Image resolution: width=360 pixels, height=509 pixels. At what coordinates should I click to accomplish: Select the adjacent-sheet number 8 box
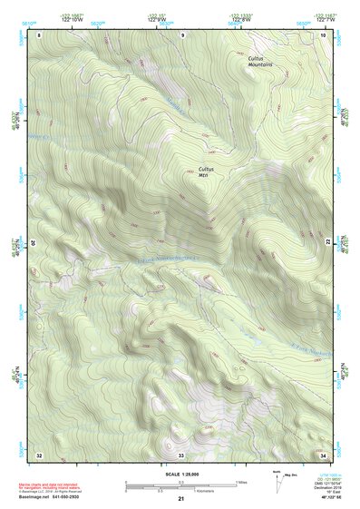coord(40,34)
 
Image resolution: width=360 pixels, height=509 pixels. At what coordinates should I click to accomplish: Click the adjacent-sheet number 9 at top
coord(181,34)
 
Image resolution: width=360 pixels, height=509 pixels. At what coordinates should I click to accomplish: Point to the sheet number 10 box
coord(323,34)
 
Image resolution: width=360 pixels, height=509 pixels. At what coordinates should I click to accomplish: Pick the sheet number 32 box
coord(40,454)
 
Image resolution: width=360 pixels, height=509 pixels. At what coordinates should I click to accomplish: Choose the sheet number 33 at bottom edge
coord(181,454)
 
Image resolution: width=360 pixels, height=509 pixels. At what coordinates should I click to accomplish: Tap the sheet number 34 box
coord(323,454)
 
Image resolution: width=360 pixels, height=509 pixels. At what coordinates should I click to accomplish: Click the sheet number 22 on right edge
coord(327,242)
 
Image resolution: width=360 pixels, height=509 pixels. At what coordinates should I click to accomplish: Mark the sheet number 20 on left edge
coord(35,243)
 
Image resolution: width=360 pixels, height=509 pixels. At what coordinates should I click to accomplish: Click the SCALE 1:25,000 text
coord(180,473)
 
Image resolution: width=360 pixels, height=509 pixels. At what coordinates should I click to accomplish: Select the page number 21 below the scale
coord(181,499)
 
